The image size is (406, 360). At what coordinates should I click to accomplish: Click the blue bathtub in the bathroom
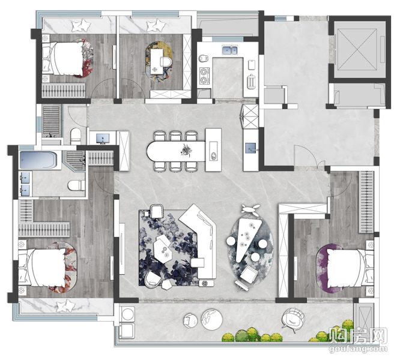pyautogui.click(x=38, y=160)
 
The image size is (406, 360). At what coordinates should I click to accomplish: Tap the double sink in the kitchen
pyautogui.click(x=229, y=50)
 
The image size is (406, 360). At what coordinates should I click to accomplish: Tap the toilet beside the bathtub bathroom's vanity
pyautogui.click(x=76, y=185)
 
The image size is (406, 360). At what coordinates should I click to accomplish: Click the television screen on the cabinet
pyautogui.click(x=103, y=139)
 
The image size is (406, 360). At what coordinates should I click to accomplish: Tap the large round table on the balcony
pyautogui.click(x=212, y=320)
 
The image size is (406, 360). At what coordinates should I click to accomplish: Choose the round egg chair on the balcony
pyautogui.click(x=293, y=320)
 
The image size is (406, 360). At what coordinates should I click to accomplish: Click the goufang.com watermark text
pyautogui.click(x=358, y=349)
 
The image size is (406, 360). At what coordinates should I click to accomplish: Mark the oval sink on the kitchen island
pyautogui.click(x=214, y=155)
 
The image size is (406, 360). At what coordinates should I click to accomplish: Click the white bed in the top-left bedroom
pyautogui.click(x=64, y=58)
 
